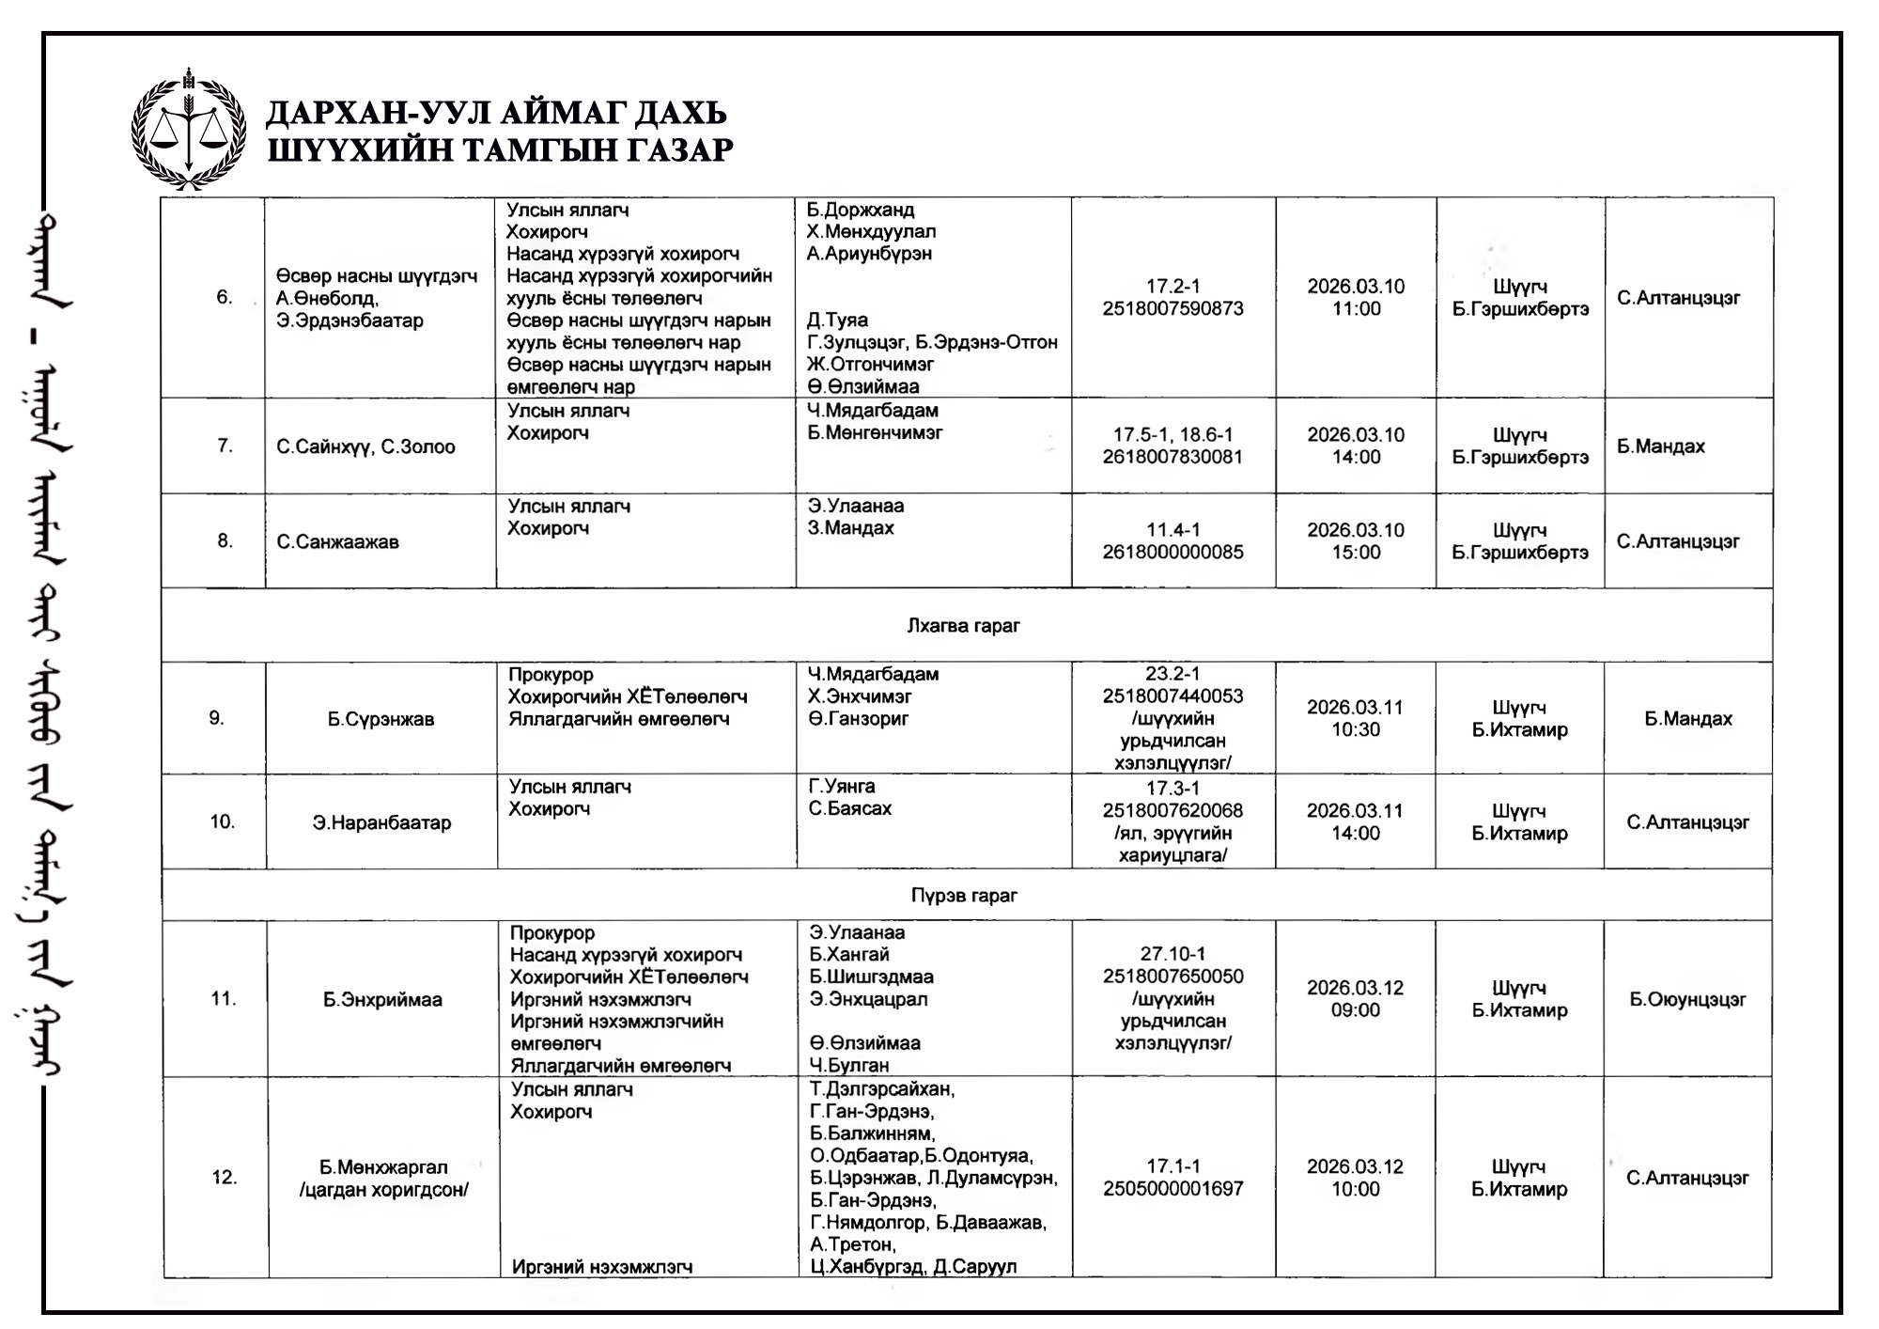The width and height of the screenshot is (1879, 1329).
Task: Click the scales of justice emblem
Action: pyautogui.click(x=188, y=131)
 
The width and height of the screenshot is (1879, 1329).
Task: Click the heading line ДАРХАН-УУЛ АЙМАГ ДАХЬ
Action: pyautogui.click(x=496, y=113)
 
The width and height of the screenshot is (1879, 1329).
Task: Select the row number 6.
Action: pyautogui.click(x=224, y=297)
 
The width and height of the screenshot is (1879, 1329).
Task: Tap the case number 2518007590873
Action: pyautogui.click(x=1172, y=308)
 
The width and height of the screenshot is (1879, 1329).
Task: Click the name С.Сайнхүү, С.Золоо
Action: pyautogui.click(x=365, y=446)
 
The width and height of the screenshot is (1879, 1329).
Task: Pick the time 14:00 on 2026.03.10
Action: pyautogui.click(x=1356, y=458)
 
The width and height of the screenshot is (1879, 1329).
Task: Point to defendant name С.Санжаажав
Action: pyautogui.click(x=337, y=541)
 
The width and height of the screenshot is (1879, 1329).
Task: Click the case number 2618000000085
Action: pyautogui.click(x=1172, y=552)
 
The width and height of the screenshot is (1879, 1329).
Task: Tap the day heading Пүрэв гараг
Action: pyautogui.click(x=964, y=895)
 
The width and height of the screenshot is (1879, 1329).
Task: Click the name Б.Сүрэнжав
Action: pyautogui.click(x=380, y=719)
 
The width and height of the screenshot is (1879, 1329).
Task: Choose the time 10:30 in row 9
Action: pyautogui.click(x=1355, y=729)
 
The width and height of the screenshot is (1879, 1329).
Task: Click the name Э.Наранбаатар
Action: pyautogui.click(x=381, y=822)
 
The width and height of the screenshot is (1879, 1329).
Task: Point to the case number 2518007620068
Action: pyautogui.click(x=1172, y=810)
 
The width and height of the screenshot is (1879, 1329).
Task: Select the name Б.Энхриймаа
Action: pyautogui.click(x=382, y=999)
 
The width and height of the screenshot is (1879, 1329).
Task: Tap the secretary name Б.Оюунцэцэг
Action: pyautogui.click(x=1687, y=999)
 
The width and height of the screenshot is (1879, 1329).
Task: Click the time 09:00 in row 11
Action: pyautogui.click(x=1355, y=1010)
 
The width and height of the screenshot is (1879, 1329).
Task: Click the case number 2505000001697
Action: pyautogui.click(x=1172, y=1189)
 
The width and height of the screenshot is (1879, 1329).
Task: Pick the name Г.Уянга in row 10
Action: pyautogui.click(x=842, y=786)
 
